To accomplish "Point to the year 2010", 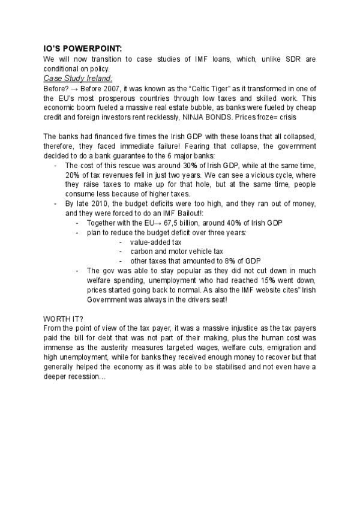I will coord(99,203).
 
